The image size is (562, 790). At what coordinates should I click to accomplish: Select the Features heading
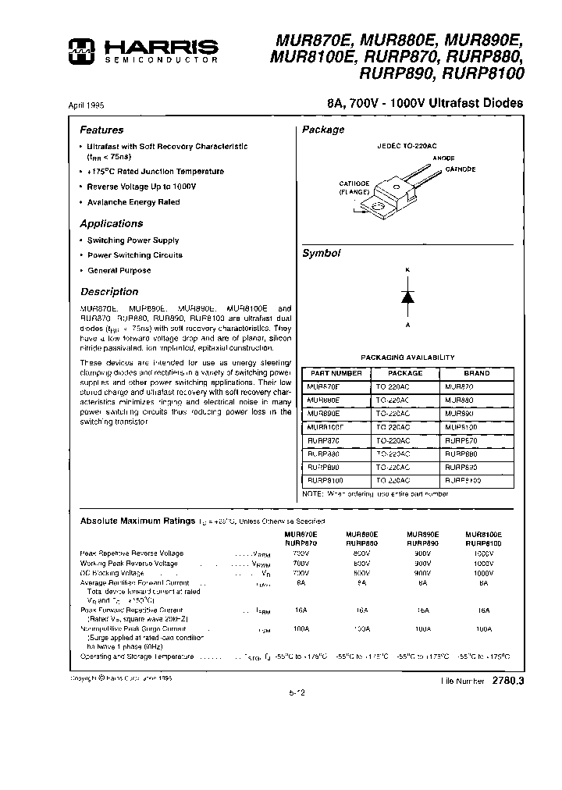pyautogui.click(x=101, y=130)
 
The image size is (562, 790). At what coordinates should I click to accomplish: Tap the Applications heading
pyautogui.click(x=112, y=223)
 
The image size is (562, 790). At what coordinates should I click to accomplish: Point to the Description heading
pyautogui.click(x=108, y=292)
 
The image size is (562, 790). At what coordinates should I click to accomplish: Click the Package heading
pyautogui.click(x=323, y=130)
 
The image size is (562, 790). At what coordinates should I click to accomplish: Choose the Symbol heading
pyautogui.click(x=322, y=254)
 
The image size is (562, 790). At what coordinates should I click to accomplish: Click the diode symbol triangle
pyautogui.click(x=407, y=297)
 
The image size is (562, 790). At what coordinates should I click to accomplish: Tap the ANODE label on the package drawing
pyautogui.click(x=443, y=158)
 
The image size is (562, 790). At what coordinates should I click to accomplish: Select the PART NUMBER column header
pyautogui.click(x=336, y=373)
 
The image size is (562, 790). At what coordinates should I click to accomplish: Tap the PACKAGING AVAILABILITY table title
pyautogui.click(x=407, y=358)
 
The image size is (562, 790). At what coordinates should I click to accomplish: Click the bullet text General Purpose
pyautogui.click(x=119, y=270)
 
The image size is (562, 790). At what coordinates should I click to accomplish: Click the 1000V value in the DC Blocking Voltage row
pyautogui.click(x=483, y=572)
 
